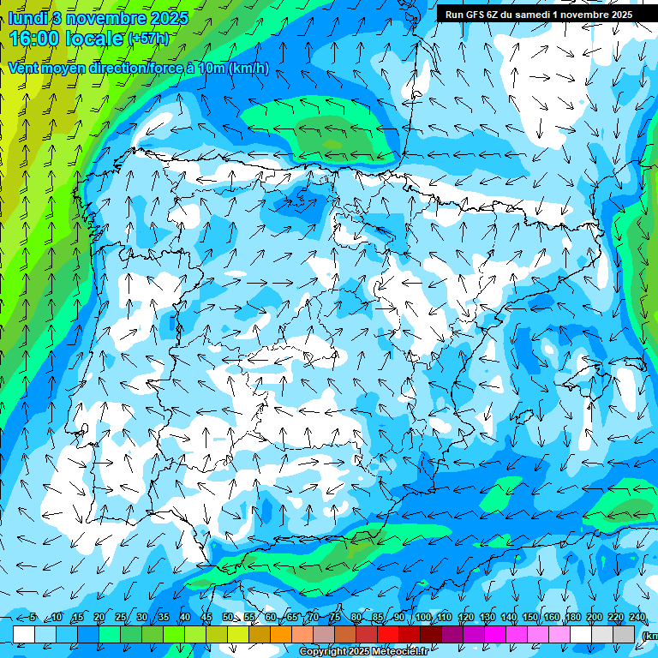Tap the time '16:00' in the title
34,39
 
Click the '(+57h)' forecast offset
148,39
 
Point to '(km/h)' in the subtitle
249,68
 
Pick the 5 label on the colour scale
33,618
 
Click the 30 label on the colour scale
141,618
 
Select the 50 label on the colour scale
228,618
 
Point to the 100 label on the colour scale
422,618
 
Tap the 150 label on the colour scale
530,618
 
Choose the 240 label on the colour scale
637,618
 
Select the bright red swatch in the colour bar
388,633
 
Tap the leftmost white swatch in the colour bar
24,633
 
